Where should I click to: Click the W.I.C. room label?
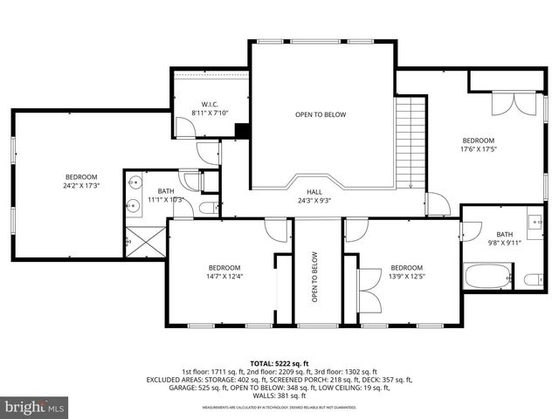210,107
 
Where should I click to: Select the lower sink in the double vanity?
134,207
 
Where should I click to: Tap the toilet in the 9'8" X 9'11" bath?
532,279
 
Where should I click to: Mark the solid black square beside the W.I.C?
243,132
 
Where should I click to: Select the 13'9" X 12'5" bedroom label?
406,272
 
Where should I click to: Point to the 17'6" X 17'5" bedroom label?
478,145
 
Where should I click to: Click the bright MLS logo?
33,407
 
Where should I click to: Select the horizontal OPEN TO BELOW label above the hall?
320,114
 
